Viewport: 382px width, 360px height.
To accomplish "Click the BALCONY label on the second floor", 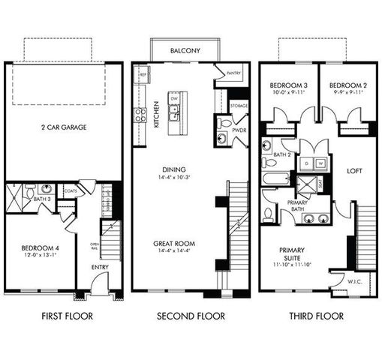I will tap(185, 51).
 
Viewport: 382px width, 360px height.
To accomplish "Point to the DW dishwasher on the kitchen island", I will tap(174, 98).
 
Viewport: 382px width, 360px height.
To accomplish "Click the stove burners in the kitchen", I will tap(140, 114).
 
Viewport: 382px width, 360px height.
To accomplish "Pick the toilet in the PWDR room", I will tap(226, 123).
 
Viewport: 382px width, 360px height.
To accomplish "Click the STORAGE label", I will tap(238, 105).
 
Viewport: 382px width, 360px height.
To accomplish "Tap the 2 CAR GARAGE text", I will tap(63, 127).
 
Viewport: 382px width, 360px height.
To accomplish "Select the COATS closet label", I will tap(70, 190).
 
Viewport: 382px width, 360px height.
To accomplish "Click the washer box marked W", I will tap(320, 162).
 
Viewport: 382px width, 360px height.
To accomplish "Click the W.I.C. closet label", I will tap(355, 282).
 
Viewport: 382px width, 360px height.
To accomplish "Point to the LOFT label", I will tap(353, 170).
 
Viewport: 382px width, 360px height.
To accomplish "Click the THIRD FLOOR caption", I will tap(316, 316).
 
